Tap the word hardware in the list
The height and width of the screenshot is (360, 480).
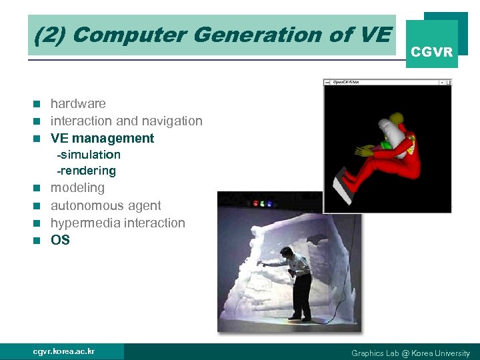tap(78, 103)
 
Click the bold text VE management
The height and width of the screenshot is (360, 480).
tap(102, 138)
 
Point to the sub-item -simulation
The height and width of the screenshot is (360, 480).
tap(89, 155)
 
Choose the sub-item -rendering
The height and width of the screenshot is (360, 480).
tap(86, 171)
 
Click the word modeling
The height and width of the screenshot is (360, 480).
tap(77, 188)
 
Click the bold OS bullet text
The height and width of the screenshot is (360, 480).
tap(60, 240)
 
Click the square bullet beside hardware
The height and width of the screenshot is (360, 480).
tap(38, 104)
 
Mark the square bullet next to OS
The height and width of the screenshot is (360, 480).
tap(38, 241)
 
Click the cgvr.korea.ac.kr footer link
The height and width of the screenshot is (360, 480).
tap(64, 351)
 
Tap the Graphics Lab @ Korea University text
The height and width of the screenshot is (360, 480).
tap(410, 353)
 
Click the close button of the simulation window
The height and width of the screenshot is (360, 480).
tap(449, 82)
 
